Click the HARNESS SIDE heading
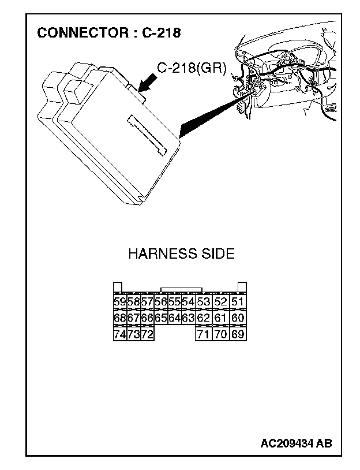coord(181,254)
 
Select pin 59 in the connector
coord(119,301)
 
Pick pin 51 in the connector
coord(238,301)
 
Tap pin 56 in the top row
coord(161,301)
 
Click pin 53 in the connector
coord(203,301)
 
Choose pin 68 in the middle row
coord(119,318)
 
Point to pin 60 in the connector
coord(238,318)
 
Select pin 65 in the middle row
coord(161,318)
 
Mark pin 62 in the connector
coord(203,318)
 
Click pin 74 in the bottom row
coord(119,334)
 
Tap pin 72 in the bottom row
coord(147,334)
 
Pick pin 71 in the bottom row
coord(203,334)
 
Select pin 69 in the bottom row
coord(238,334)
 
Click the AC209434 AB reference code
coord(296,443)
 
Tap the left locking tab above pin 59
coord(117,287)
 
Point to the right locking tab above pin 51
coord(242,287)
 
